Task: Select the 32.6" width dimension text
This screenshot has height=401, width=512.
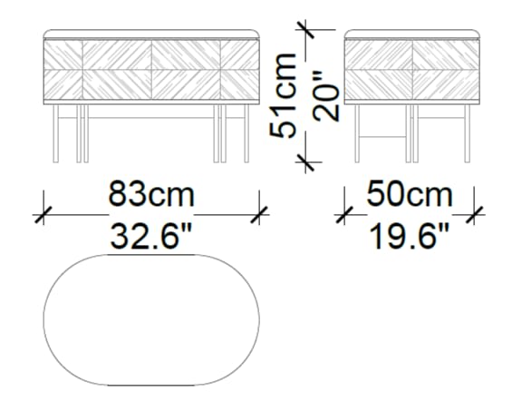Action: (x=151, y=237)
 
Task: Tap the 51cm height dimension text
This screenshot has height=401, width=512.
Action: (x=287, y=95)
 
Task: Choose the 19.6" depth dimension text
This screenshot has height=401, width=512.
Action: (x=409, y=237)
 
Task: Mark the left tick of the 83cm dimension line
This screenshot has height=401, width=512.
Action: (x=42, y=215)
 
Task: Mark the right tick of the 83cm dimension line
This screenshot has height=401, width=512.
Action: (x=261, y=215)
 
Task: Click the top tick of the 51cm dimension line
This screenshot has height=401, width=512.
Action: (x=308, y=29)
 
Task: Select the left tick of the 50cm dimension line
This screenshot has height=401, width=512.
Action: (x=343, y=215)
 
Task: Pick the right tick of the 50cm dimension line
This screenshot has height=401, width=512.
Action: (x=475, y=215)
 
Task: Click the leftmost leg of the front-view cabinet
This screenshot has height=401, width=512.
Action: (x=53, y=134)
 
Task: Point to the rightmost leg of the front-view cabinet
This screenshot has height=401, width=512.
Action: (x=248, y=134)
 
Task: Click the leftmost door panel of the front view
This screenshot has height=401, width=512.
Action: (x=64, y=69)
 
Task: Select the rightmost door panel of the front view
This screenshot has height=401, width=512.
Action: (x=239, y=69)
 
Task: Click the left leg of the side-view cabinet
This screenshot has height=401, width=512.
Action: (x=356, y=134)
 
